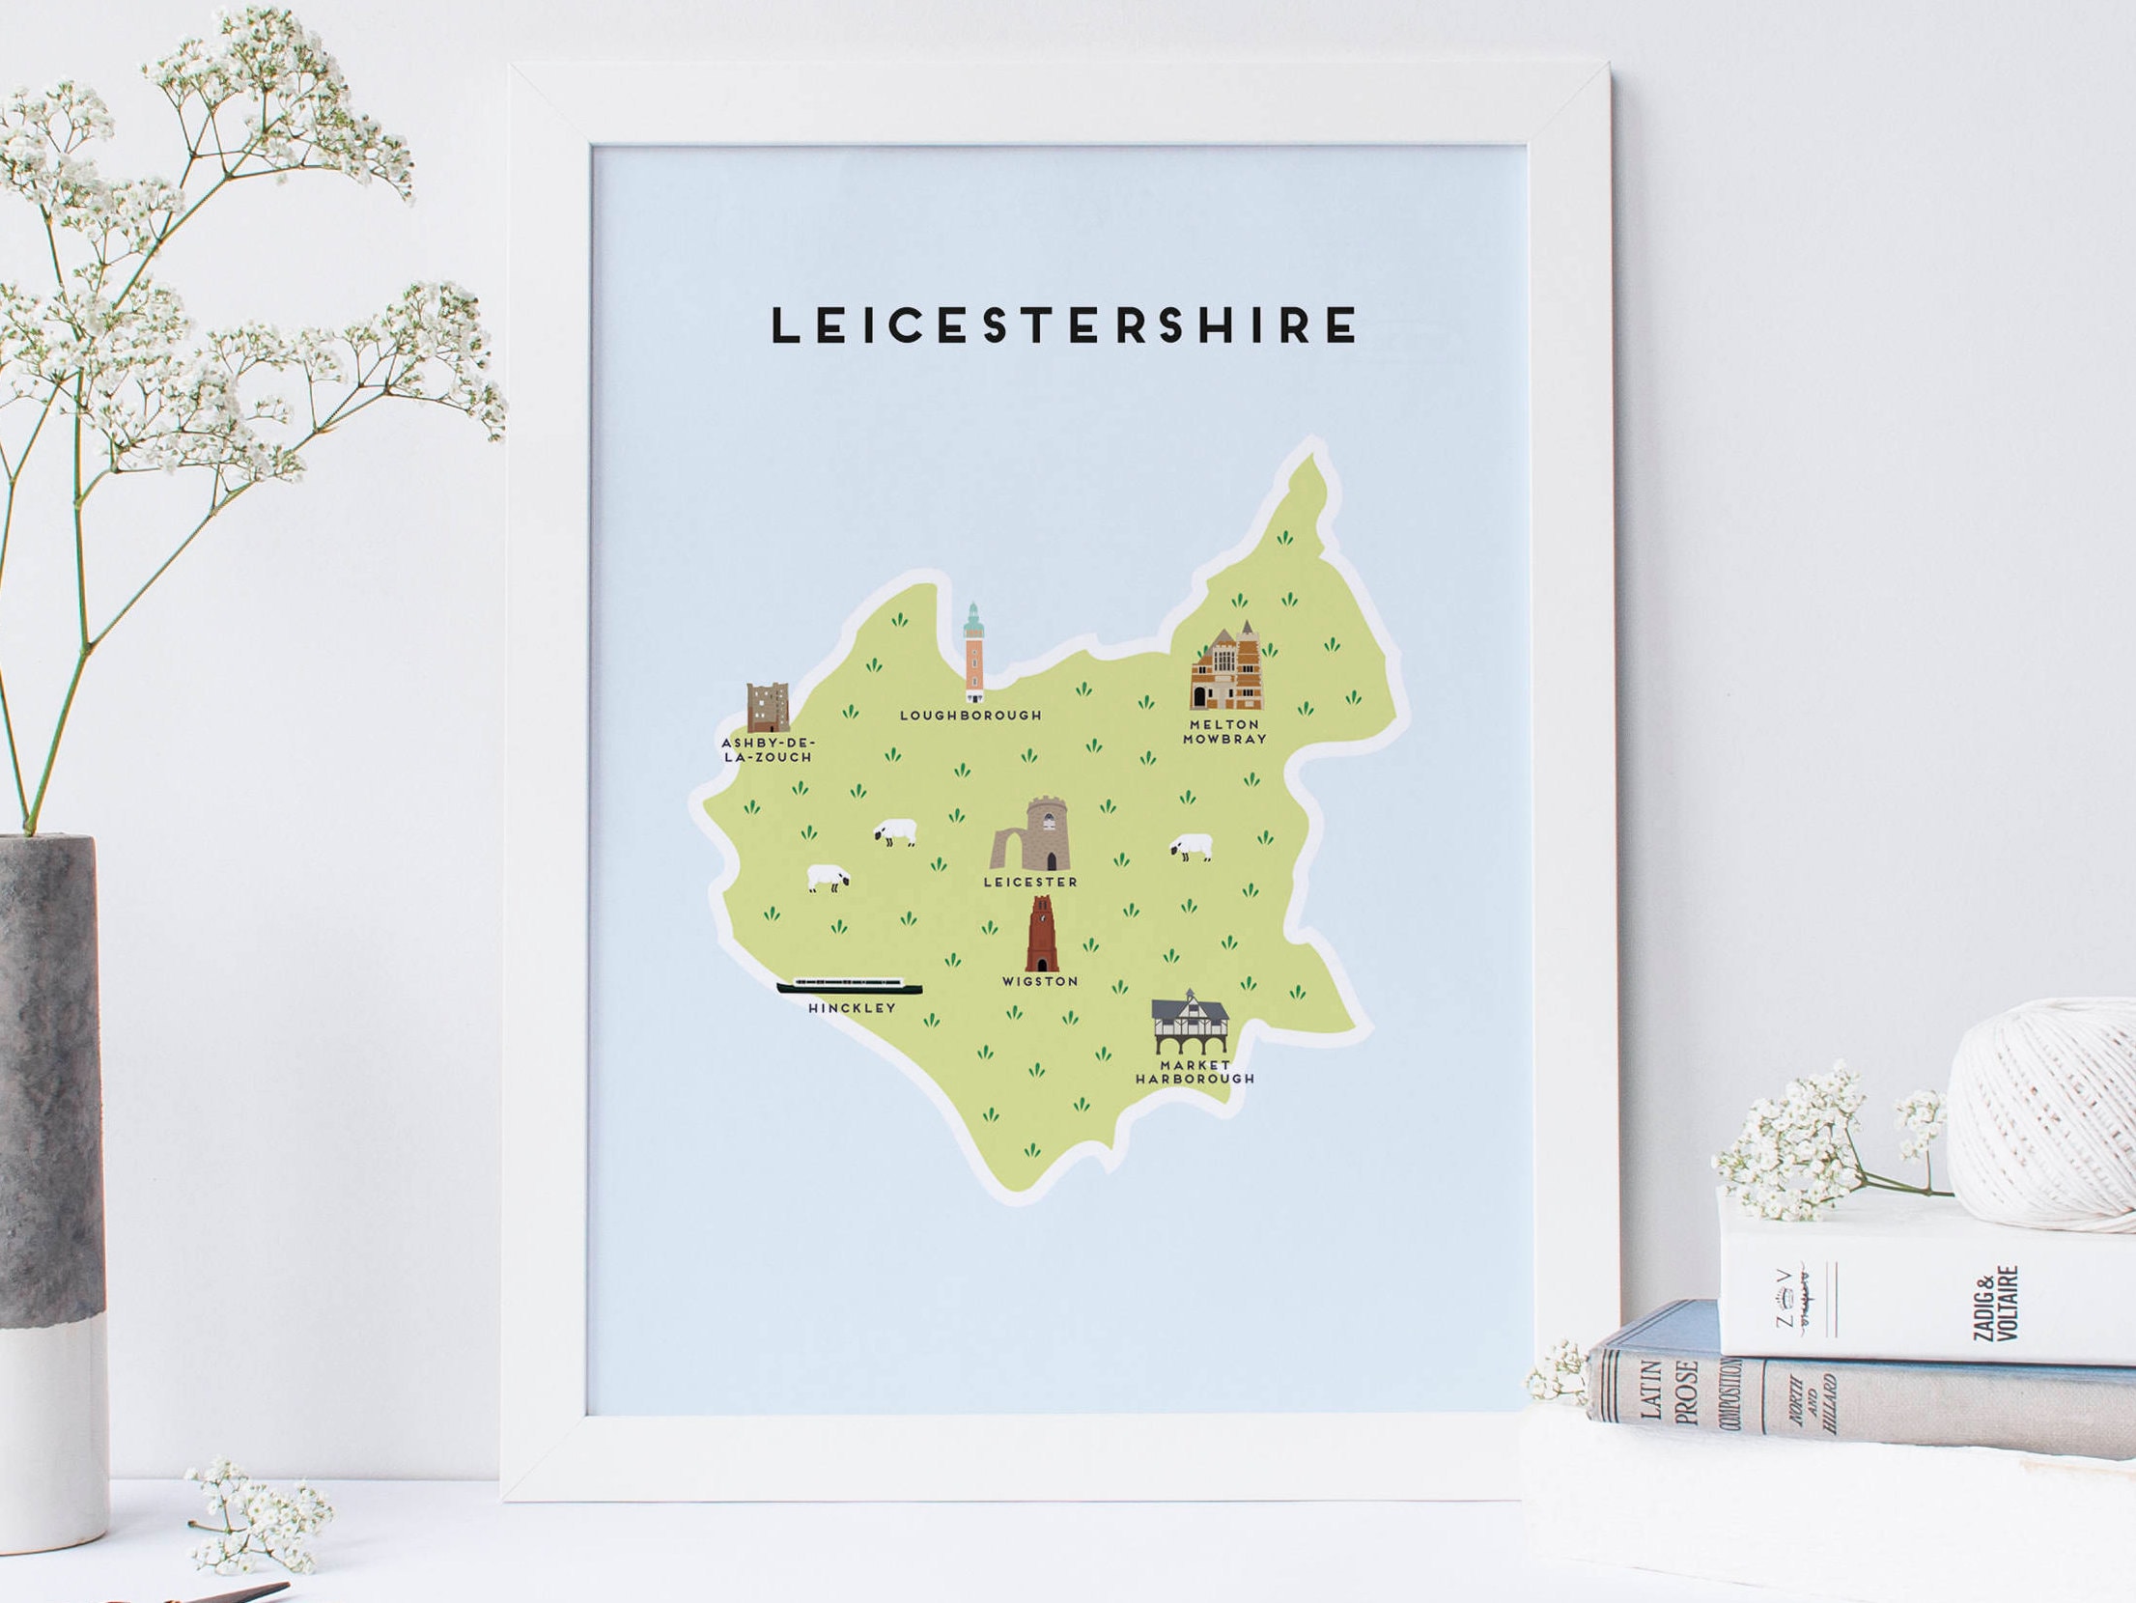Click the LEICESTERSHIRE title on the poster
click(1064, 324)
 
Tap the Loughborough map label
click(970, 716)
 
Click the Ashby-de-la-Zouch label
click(769, 749)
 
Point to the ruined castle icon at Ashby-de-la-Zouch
click(768, 708)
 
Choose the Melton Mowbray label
click(1223, 731)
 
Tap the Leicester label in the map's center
click(1030, 882)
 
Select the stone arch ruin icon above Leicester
click(1030, 835)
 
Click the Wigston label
click(1039, 981)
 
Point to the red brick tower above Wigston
click(1040, 934)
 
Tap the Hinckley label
click(852, 1007)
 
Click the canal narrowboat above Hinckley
click(850, 986)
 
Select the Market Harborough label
click(1194, 1072)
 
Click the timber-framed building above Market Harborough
click(1191, 1023)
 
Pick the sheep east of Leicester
click(1192, 848)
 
